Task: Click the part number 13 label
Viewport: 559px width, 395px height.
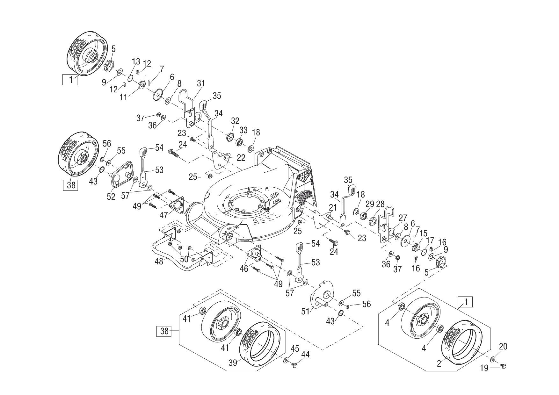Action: click(x=136, y=61)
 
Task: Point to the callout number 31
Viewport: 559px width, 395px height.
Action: click(x=200, y=84)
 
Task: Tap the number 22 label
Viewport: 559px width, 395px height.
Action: click(x=241, y=157)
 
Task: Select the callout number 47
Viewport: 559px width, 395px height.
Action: click(x=164, y=215)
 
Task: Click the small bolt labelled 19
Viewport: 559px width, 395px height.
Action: click(x=504, y=367)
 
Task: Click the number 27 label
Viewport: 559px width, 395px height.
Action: click(x=403, y=218)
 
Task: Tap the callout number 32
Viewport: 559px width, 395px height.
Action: click(x=235, y=121)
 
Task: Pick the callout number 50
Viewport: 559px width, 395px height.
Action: click(x=185, y=259)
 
